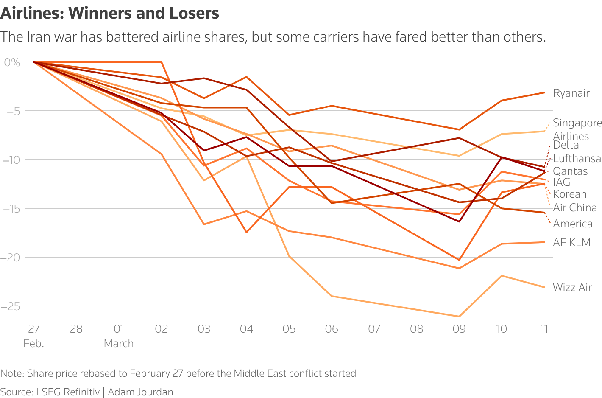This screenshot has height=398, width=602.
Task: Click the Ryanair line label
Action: tap(571, 93)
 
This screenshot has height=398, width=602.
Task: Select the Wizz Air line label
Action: tap(572, 287)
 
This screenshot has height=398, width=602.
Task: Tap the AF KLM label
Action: tap(571, 242)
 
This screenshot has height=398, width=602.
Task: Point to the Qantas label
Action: tap(570, 171)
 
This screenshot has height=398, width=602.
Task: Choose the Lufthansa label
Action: tap(577, 158)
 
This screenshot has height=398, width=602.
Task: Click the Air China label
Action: tap(575, 207)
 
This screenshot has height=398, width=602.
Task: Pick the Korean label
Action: tap(570, 194)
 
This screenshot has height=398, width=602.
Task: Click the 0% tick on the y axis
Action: tap(12, 62)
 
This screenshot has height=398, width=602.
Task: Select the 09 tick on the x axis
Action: tap(459, 329)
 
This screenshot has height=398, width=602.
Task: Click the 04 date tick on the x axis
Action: tap(246, 329)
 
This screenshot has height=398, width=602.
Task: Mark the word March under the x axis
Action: tap(119, 343)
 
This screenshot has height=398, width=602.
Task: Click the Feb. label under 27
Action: tap(34, 343)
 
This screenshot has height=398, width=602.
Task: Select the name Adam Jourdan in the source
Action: tap(140, 392)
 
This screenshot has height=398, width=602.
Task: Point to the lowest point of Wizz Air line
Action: tap(459, 317)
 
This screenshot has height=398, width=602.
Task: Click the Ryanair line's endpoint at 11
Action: tap(544, 92)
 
